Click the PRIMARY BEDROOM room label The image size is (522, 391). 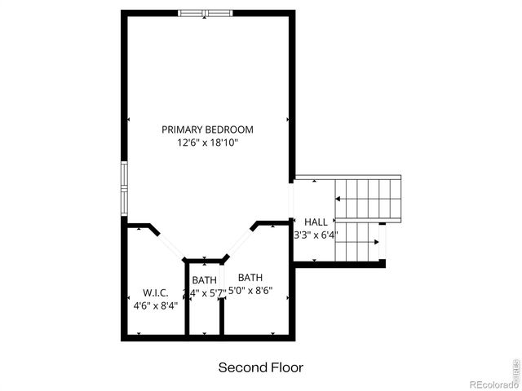207,130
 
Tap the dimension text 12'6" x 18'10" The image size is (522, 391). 207,143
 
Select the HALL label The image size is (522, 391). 316,222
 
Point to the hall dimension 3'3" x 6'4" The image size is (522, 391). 316,235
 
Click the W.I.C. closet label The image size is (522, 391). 155,292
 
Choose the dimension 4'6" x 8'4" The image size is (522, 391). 155,305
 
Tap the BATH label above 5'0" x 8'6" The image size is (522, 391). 250,277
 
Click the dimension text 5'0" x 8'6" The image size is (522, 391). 250,290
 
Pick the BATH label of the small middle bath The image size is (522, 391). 205,280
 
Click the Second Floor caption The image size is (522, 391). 260,367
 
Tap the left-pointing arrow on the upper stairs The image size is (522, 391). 338,199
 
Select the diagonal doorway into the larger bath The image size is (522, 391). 239,242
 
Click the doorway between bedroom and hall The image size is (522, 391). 292,200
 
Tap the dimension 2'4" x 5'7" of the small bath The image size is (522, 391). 204,293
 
